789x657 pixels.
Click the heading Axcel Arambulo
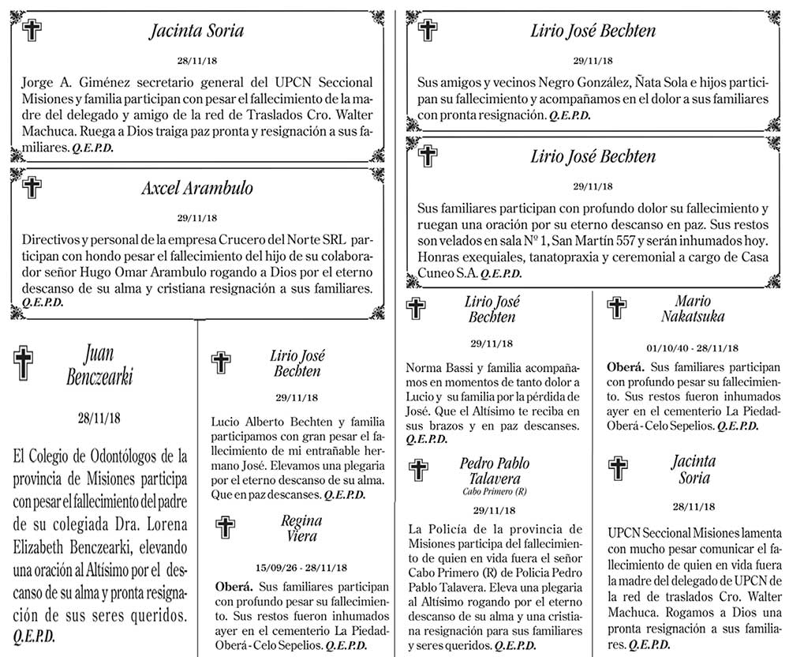click(196, 190)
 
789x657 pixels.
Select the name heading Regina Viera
click(301, 528)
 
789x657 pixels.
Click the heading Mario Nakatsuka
click(693, 309)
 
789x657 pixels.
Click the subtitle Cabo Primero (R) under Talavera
click(495, 490)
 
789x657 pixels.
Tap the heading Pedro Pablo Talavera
click(495, 471)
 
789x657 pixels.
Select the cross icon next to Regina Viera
click(226, 527)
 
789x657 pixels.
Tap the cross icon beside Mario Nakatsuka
click(618, 309)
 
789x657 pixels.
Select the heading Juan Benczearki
click(106, 365)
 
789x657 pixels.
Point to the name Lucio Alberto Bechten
click(271, 422)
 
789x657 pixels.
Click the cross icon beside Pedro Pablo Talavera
click(418, 471)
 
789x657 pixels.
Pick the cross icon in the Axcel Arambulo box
click(32, 188)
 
